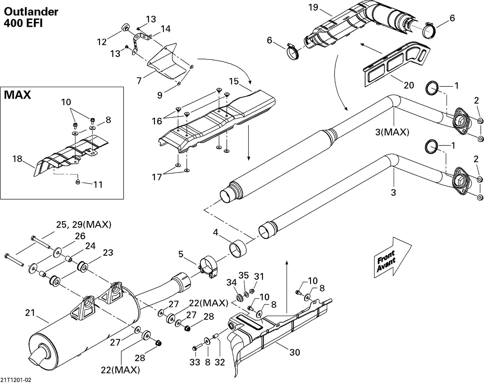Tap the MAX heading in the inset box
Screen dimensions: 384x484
click(x=17, y=95)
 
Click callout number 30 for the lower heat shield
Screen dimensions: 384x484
click(x=295, y=352)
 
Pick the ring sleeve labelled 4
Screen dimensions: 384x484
click(x=237, y=249)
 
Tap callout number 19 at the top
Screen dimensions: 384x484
click(x=313, y=7)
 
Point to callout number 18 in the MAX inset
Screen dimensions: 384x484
click(x=17, y=159)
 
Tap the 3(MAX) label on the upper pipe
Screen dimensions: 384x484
click(x=392, y=132)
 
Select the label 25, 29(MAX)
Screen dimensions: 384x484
click(x=84, y=225)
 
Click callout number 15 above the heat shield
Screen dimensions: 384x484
click(x=234, y=81)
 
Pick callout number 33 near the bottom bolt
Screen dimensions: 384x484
click(x=195, y=362)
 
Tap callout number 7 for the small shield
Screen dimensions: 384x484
click(x=139, y=80)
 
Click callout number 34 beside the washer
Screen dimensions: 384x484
click(x=232, y=283)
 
